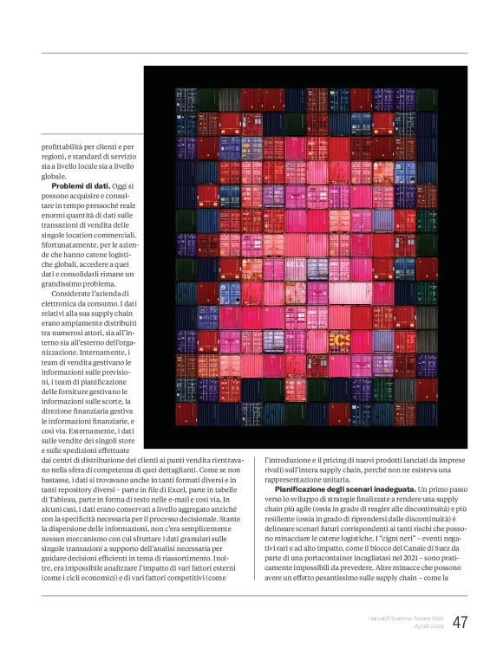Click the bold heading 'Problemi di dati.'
click(x=82, y=186)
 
